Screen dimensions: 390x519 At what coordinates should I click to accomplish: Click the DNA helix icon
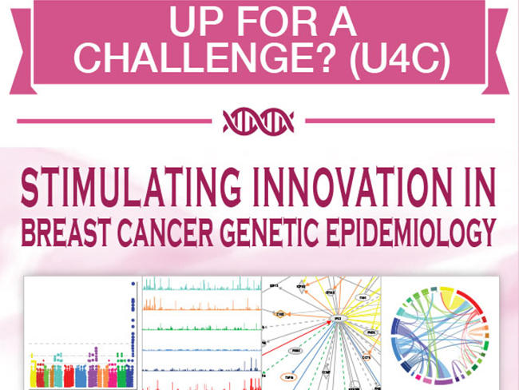click(x=259, y=121)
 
